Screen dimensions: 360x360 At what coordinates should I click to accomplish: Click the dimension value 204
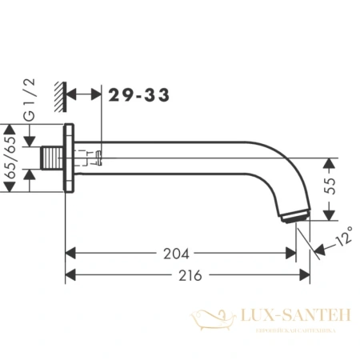(177, 254)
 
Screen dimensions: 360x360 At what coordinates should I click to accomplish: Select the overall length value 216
(187, 274)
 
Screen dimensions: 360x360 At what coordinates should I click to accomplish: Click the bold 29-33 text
(140, 94)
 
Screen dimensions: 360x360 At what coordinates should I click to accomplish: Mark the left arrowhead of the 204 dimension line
(70, 254)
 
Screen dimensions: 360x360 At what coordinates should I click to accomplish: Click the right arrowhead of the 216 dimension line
(305, 274)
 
